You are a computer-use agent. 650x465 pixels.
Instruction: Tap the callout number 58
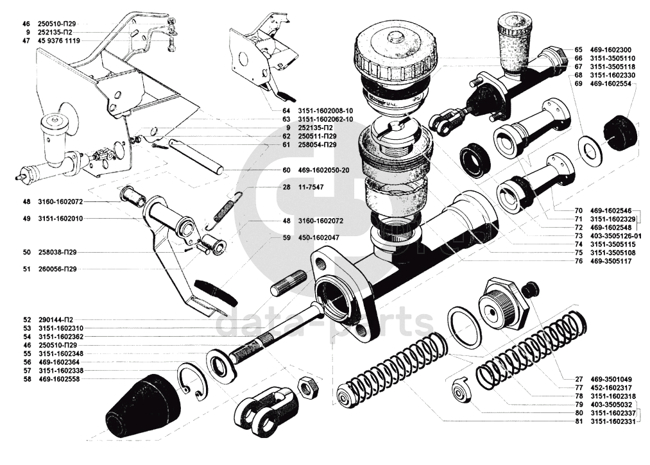pos(26,378)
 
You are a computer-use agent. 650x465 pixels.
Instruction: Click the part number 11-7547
pos(311,187)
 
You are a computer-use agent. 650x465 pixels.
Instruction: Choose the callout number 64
pos(286,111)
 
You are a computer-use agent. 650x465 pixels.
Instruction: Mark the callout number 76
pos(579,261)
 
